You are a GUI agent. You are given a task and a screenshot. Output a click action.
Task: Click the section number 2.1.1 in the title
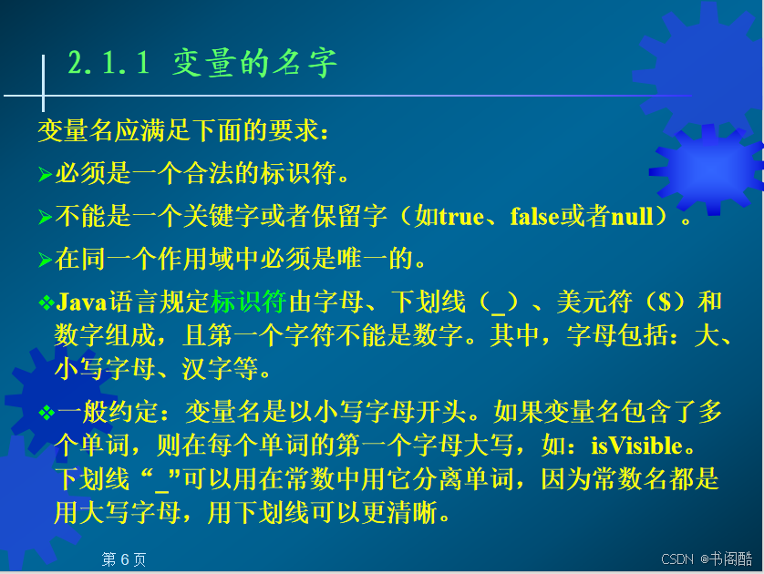[108, 62]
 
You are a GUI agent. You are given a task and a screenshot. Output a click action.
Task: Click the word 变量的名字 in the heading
[254, 63]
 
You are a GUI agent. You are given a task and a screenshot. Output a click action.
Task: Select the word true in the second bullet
[461, 217]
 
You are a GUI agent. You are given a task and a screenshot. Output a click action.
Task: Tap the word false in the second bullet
[535, 217]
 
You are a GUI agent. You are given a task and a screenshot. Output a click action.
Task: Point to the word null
[632, 217]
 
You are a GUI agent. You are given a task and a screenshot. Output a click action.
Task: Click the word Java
[81, 302]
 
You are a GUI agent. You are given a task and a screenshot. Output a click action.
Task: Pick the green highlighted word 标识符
[249, 302]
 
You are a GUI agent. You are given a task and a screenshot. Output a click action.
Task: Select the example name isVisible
[637, 446]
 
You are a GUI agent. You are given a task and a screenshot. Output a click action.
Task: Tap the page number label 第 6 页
[124, 559]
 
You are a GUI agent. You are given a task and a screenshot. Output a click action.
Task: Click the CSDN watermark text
[676, 559]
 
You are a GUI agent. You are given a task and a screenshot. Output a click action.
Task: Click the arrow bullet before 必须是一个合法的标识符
[46, 174]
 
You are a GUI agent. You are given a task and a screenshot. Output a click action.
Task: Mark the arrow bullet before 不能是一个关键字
[46, 217]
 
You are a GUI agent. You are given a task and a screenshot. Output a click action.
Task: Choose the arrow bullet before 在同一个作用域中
[46, 260]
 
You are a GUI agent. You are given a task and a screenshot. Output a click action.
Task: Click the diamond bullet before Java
[46, 302]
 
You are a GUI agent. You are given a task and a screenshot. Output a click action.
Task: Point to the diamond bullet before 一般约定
[46, 413]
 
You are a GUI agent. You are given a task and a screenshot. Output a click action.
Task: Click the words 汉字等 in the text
[220, 369]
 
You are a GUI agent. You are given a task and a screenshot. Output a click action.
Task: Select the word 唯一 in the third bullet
[363, 259]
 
